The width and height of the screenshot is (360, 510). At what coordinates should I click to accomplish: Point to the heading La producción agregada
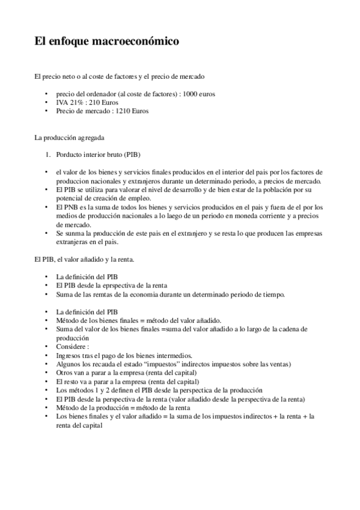click(x=69, y=138)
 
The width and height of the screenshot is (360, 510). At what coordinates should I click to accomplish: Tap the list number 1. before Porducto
click(x=50, y=155)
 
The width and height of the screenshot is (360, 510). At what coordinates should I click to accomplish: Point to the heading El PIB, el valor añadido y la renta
click(x=84, y=260)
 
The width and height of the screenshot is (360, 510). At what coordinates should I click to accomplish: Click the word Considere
click(x=72, y=347)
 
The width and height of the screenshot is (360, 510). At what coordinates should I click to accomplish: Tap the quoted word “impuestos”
click(x=172, y=364)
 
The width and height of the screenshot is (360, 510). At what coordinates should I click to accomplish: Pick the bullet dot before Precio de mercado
click(x=47, y=111)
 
